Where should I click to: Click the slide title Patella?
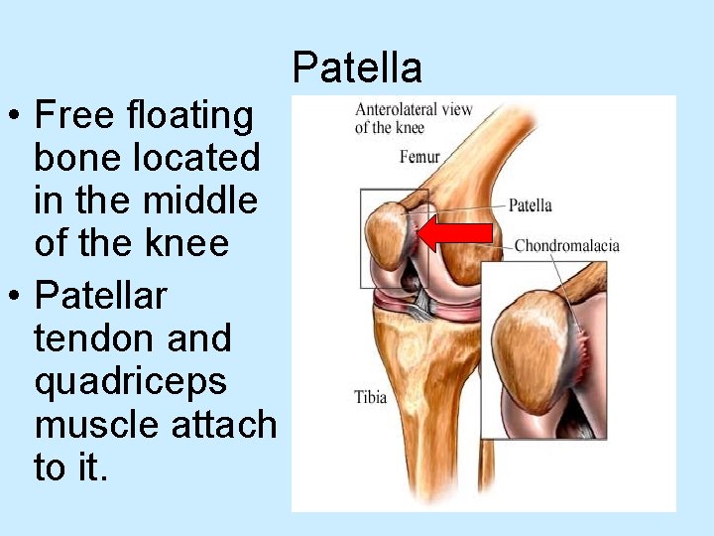357,67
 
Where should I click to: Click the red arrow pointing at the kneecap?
455,233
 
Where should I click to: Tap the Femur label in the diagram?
419,157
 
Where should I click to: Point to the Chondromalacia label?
566,245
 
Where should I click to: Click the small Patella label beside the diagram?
530,205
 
